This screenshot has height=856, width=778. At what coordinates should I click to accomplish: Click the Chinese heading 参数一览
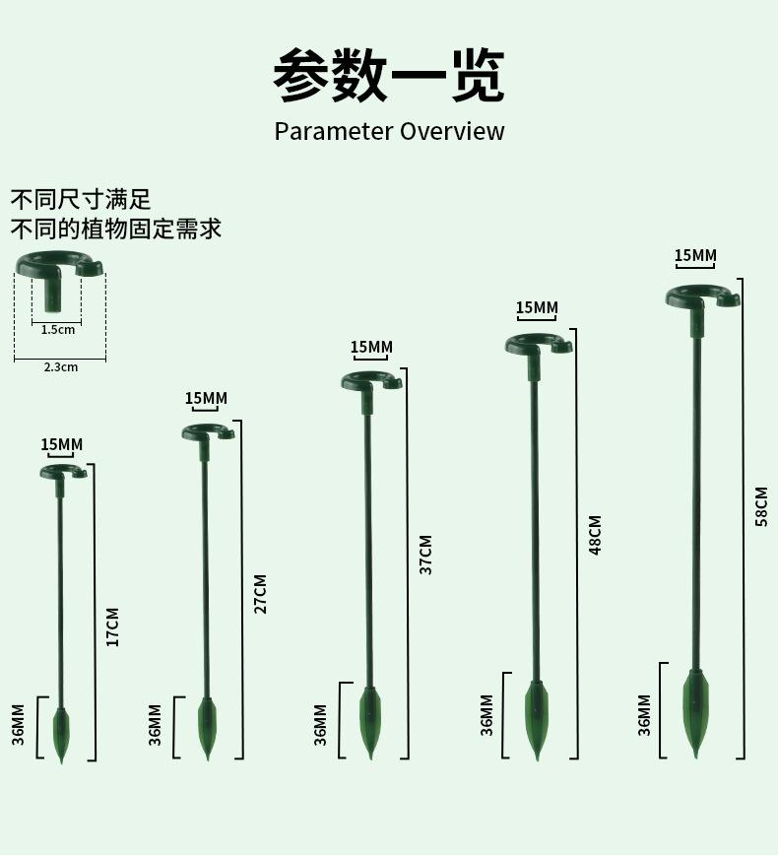click(388, 75)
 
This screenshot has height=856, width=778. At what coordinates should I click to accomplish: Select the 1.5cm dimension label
click(57, 330)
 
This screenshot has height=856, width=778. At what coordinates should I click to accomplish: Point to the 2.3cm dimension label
click(60, 366)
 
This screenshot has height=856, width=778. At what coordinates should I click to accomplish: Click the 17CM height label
click(112, 626)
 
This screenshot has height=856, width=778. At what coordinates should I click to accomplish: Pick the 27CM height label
click(260, 593)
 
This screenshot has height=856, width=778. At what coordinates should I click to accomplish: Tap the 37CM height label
click(425, 555)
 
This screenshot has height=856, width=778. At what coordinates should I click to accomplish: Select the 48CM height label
click(595, 535)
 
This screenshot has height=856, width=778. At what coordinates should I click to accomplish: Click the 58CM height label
click(761, 506)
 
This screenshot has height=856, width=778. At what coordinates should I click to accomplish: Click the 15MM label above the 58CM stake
click(695, 256)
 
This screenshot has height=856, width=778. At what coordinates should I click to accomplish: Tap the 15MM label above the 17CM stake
click(62, 444)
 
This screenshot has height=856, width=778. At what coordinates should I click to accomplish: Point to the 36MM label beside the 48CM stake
click(486, 715)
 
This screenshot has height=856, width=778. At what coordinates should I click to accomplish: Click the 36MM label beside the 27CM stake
click(155, 724)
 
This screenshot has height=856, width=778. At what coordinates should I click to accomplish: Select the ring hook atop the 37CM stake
click(371, 381)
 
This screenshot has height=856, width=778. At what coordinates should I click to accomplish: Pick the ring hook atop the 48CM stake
click(538, 344)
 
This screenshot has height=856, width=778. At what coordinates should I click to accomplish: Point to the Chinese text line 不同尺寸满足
click(81, 200)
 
